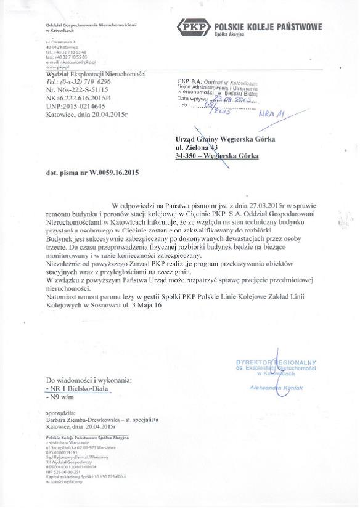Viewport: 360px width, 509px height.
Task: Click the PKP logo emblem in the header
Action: (192, 28)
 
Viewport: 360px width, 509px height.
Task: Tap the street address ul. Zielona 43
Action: (197, 148)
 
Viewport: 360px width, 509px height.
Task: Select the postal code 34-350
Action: (186, 157)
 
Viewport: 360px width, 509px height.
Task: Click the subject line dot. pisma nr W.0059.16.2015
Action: (92, 173)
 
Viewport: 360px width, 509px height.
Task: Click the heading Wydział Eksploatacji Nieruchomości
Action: (96, 74)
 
